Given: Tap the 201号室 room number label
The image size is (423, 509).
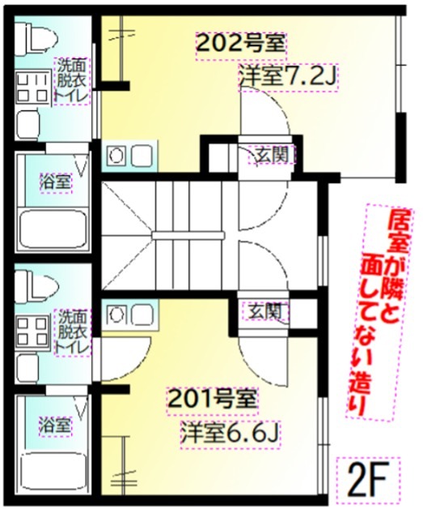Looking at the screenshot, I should tap(213, 399).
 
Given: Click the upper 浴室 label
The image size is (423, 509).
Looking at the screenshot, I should tap(54, 182).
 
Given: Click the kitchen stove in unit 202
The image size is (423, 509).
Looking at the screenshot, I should tap(129, 155).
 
